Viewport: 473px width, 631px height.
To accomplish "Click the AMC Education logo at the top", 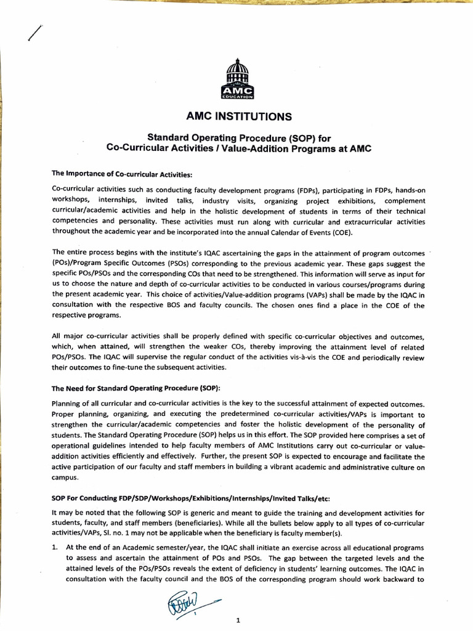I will point(236,79).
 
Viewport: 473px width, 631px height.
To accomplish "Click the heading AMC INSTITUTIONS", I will point(236,116).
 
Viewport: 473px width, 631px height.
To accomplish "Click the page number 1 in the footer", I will point(237,621).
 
